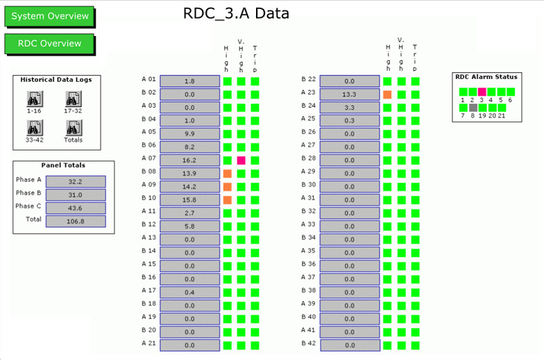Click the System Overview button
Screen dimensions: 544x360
50,17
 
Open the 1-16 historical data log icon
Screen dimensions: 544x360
35,99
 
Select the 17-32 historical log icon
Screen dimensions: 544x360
74,99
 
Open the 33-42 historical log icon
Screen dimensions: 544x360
35,128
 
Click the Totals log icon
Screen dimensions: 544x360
74,128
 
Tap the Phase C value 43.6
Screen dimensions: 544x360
76,208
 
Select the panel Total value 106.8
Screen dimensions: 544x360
76,221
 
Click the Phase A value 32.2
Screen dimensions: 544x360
76,182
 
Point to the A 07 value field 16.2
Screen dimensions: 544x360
190,160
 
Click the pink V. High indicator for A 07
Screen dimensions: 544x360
241,160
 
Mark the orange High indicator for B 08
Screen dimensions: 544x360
228,173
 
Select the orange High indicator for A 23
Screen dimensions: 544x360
387,94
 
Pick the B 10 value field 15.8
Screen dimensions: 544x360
190,200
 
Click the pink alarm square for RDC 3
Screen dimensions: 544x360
482,92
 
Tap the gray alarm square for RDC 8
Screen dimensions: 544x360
473,108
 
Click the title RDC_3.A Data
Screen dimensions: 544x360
236,14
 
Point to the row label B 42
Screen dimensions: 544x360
308,343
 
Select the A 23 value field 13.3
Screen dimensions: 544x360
350,94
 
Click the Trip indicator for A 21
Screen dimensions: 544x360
255,345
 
